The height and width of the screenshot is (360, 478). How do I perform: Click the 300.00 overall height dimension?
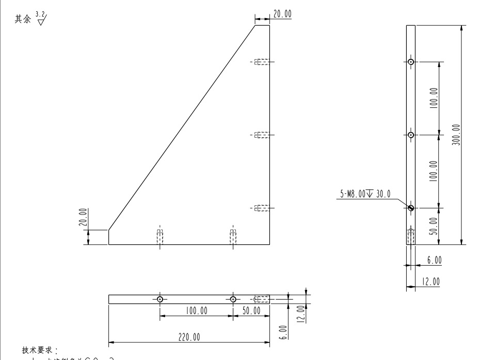[x=457, y=135]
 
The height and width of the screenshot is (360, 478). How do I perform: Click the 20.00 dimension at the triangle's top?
[x=282, y=14]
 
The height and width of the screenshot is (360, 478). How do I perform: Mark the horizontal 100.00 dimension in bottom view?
[x=196, y=310]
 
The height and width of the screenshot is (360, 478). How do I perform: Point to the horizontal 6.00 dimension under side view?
[x=434, y=260]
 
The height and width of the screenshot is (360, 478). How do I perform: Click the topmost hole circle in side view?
[x=410, y=62]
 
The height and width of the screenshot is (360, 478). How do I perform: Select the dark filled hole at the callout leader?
[x=410, y=208]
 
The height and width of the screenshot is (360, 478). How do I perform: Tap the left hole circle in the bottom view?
[x=160, y=299]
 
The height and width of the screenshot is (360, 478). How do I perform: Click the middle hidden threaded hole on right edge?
[x=262, y=135]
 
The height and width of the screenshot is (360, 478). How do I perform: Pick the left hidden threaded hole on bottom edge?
[x=160, y=237]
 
